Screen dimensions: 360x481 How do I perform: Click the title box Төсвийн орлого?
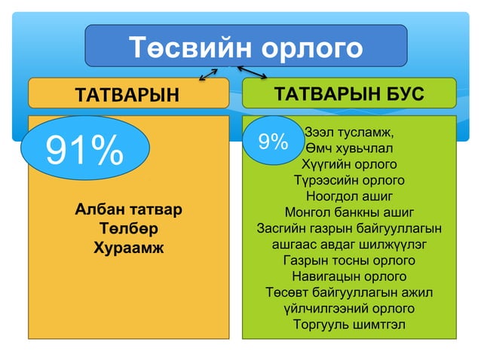click(246, 47)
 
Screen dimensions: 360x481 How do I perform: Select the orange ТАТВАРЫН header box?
click(128, 93)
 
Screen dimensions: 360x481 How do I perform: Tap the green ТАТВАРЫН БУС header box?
click(349, 93)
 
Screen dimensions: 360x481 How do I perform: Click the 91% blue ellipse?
click(84, 151)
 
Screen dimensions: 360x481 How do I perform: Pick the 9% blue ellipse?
click(273, 141)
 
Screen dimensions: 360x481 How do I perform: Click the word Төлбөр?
click(128, 227)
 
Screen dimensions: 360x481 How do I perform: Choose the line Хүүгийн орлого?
click(349, 163)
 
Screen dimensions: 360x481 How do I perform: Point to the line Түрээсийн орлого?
click(349, 180)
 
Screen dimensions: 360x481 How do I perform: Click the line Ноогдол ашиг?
click(349, 196)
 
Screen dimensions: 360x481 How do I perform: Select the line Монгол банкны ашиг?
click(349, 212)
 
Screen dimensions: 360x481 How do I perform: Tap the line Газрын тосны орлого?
click(349, 261)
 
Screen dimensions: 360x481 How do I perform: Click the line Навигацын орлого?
click(349, 276)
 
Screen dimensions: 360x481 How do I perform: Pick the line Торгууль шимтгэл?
click(349, 325)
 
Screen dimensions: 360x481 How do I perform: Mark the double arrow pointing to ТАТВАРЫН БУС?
click(253, 72)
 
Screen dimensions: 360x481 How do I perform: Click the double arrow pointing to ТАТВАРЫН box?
click(208, 73)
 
